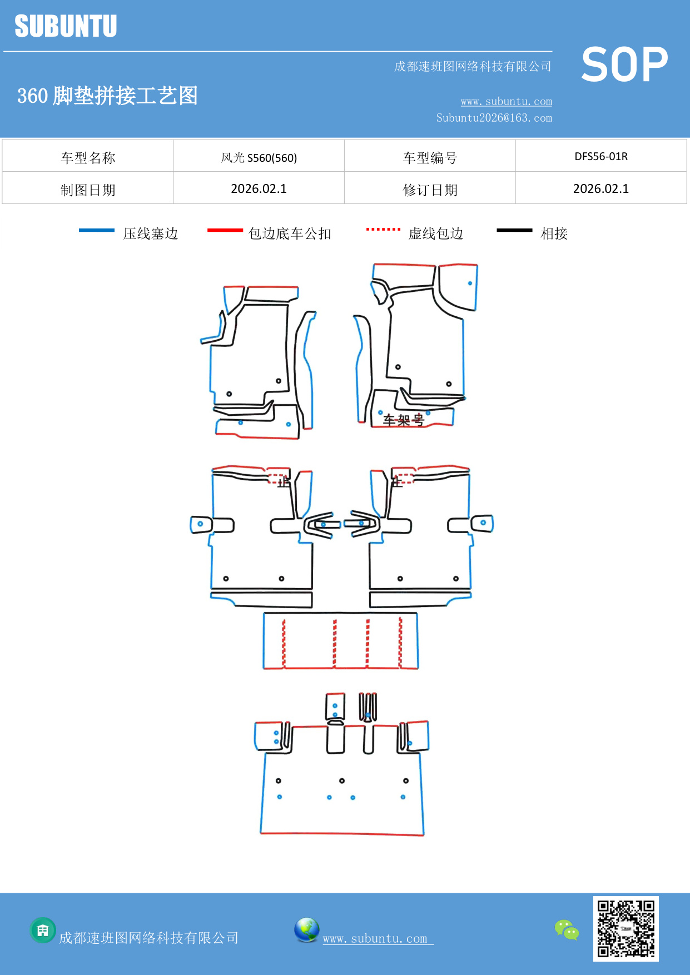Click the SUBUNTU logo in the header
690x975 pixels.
point(66,26)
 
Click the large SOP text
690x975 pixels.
point(624,65)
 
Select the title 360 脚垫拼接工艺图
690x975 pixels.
point(107,96)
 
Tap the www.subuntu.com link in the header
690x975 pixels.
point(506,101)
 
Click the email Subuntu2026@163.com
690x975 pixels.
point(494,118)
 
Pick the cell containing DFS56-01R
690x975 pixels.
point(600,156)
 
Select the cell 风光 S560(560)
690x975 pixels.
point(259,158)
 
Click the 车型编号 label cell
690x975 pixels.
point(429,158)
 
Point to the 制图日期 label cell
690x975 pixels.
point(88,190)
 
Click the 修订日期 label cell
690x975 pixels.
point(429,190)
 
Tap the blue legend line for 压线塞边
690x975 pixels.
point(97,230)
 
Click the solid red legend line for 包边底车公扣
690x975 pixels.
point(225,230)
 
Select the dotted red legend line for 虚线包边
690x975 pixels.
point(383,229)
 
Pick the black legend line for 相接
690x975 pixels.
point(514,230)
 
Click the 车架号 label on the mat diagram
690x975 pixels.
point(403,420)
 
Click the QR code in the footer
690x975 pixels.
point(626,928)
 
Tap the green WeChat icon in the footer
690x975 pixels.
point(567,930)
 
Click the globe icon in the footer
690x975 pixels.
point(306,930)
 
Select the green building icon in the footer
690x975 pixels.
point(43,930)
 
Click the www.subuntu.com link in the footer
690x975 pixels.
point(375,938)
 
